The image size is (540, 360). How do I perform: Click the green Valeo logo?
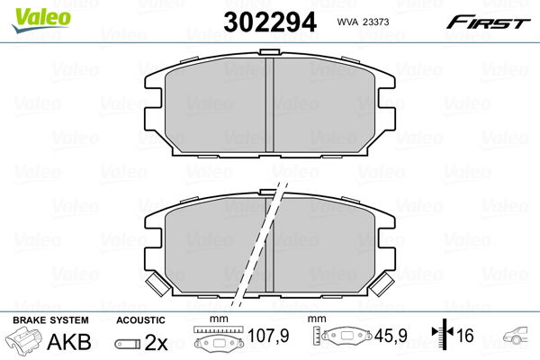tap(41, 20)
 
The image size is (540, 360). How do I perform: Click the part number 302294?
tap(270, 22)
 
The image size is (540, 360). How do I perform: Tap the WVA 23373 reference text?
tap(363, 22)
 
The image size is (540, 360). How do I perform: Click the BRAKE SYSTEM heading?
tap(50, 320)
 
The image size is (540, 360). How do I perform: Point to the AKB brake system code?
tap(69, 342)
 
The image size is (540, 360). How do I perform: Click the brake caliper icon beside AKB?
tap(23, 339)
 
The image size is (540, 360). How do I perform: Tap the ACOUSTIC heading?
tap(140, 320)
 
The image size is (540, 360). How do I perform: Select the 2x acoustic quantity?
tap(156, 342)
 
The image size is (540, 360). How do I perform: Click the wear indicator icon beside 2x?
tap(128, 344)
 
